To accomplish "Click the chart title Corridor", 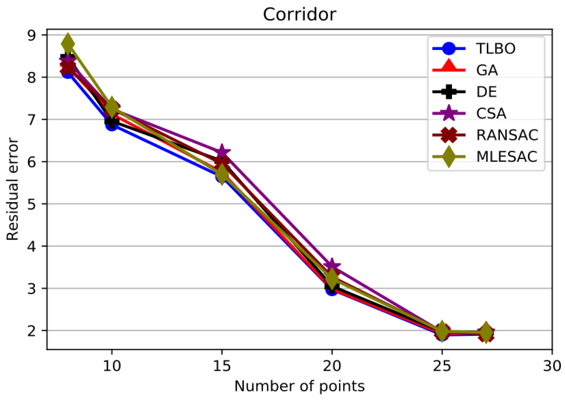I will pos(299,14).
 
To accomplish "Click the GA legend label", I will pos(487,70).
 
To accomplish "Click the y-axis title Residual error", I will pos(12,189).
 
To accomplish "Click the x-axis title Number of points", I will pos(299,386).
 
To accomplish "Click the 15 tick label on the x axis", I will pos(222,366).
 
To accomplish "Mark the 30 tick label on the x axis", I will pos(552,366).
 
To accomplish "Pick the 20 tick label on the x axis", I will pos(332,366).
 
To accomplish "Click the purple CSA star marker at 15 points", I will pos(222,151).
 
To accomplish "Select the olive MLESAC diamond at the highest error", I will pos(68,43).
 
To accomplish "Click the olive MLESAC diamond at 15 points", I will pos(222,174).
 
